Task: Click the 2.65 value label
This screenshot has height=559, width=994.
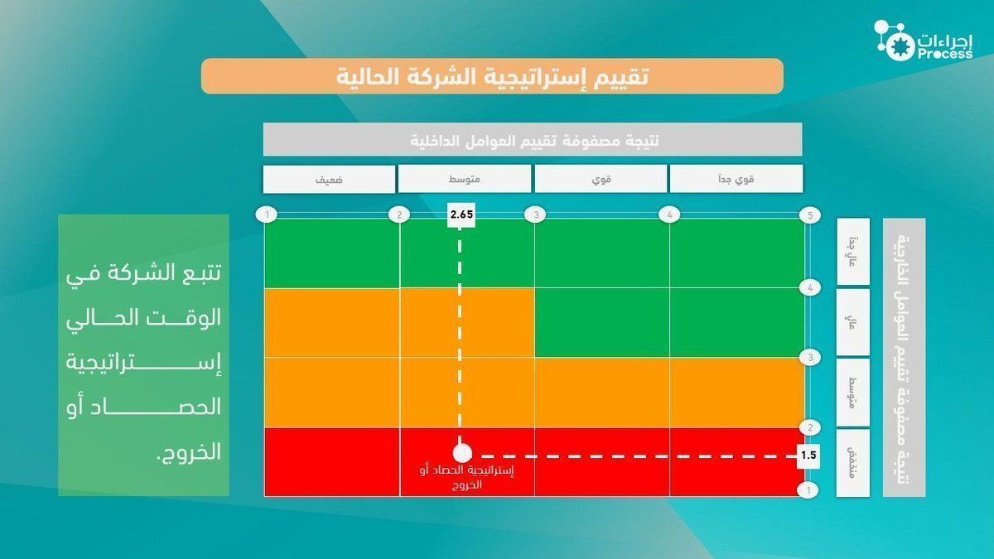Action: pyautogui.click(x=461, y=214)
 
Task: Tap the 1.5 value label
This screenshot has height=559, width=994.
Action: pyautogui.click(x=809, y=455)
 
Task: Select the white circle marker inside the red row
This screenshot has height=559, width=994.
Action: pyautogui.click(x=462, y=454)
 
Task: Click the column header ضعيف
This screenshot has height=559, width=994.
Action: pyautogui.click(x=329, y=179)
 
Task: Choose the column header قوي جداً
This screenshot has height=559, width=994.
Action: pyautogui.click(x=736, y=179)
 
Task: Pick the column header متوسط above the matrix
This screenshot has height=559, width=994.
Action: pyautogui.click(x=464, y=179)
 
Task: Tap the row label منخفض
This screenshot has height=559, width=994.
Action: pyautogui.click(x=853, y=462)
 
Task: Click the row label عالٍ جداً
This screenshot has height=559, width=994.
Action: pyautogui.click(x=853, y=252)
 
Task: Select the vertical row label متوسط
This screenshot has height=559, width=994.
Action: pyautogui.click(x=853, y=392)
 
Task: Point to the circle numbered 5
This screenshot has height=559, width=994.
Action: pyautogui.click(x=811, y=215)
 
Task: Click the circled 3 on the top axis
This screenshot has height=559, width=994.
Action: pyautogui.click(x=537, y=215)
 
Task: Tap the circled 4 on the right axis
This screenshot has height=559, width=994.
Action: pyautogui.click(x=811, y=287)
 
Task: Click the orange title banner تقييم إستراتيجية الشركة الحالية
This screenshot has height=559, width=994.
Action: pyautogui.click(x=492, y=76)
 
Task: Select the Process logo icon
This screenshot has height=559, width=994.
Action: pyautogui.click(x=893, y=40)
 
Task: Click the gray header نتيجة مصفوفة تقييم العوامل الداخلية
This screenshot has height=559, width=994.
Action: pyautogui.click(x=533, y=139)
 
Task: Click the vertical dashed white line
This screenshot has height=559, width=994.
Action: pyautogui.click(x=461, y=331)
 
